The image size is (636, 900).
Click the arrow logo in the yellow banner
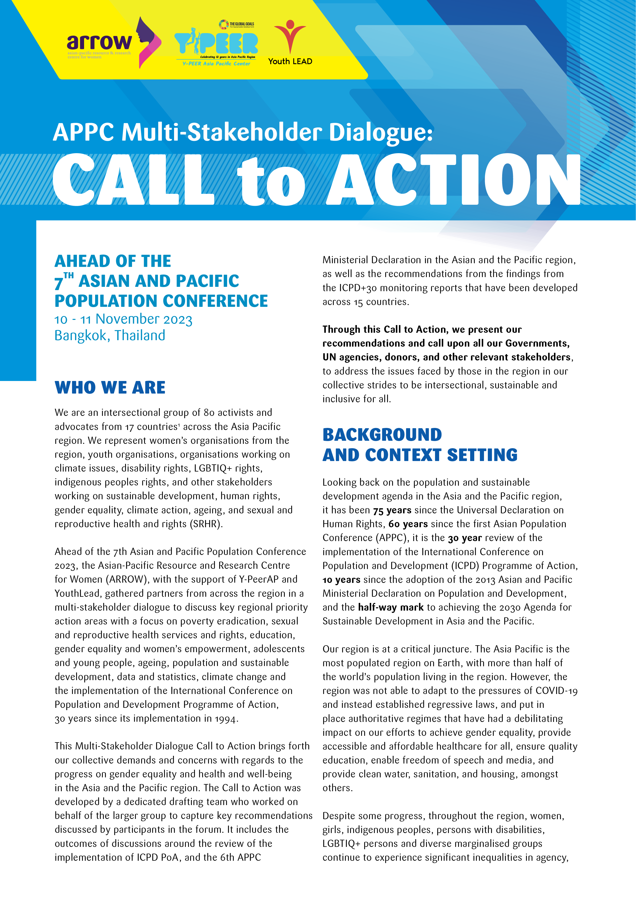tap(114, 42)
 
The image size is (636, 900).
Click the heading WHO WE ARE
tap(110, 387)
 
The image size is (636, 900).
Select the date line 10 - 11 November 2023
tap(123, 319)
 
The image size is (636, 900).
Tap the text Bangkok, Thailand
tap(110, 336)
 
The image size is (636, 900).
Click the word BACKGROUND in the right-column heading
tap(382, 435)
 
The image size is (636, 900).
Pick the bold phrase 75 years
tap(392, 510)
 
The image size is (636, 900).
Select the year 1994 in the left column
tap(226, 719)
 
